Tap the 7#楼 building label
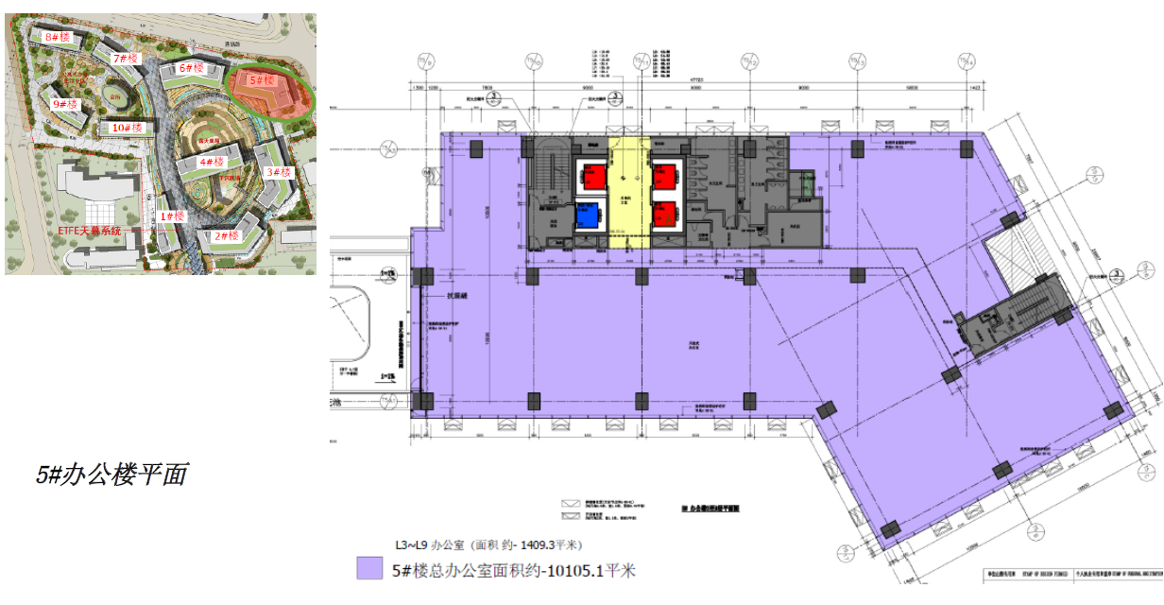pyautogui.click(x=126, y=59)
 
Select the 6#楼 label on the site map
pyautogui.click(x=192, y=68)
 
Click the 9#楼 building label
pyautogui.click(x=64, y=104)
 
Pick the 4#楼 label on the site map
pyautogui.click(x=211, y=163)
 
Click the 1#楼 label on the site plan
pyautogui.click(x=172, y=216)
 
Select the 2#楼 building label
pyautogui.click(x=225, y=235)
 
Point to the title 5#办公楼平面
pyautogui.click(x=111, y=475)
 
